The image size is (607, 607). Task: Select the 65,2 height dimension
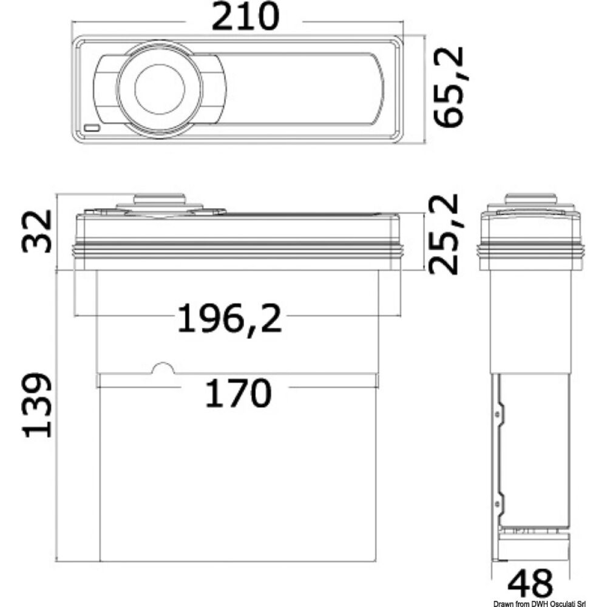(451, 87)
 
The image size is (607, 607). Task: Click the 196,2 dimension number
(229, 318)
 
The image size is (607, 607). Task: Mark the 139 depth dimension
(36, 405)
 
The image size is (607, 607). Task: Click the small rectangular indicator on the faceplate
(93, 129)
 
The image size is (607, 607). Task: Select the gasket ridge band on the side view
(531, 248)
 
